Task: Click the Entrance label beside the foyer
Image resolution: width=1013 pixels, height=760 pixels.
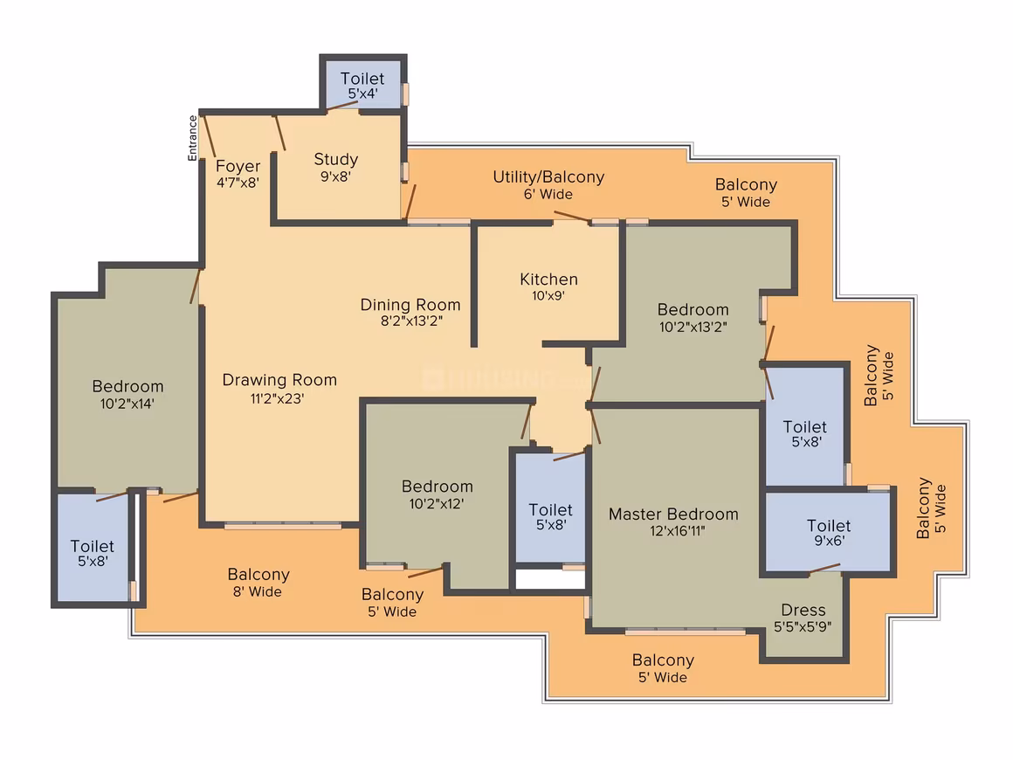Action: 192,138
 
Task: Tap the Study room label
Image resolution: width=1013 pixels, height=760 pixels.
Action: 336,159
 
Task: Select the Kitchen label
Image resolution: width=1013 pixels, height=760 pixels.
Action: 549,280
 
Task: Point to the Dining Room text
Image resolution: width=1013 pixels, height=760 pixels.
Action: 410,304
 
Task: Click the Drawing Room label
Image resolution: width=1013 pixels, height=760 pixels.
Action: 279,380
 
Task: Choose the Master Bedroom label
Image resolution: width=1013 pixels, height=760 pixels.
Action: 673,515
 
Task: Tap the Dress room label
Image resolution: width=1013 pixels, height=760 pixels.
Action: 803,610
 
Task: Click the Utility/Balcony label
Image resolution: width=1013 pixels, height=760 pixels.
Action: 548,177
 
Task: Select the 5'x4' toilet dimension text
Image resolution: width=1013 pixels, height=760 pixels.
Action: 362,93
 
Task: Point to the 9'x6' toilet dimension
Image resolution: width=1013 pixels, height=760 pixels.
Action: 829,541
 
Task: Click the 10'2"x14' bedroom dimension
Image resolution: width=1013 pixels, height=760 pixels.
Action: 127,404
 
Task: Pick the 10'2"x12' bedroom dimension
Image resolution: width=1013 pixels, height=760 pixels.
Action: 437,504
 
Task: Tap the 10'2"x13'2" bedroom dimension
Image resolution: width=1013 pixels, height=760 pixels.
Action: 693,327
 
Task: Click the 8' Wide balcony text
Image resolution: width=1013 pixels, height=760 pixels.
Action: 257,592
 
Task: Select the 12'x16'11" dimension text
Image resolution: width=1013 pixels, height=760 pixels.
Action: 677,531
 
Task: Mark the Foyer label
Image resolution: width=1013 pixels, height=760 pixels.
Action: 238,166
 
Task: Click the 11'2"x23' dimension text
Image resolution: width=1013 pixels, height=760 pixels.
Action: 277,398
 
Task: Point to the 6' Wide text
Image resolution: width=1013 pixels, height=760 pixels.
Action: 548,195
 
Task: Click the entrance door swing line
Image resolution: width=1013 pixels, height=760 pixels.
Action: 209,136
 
